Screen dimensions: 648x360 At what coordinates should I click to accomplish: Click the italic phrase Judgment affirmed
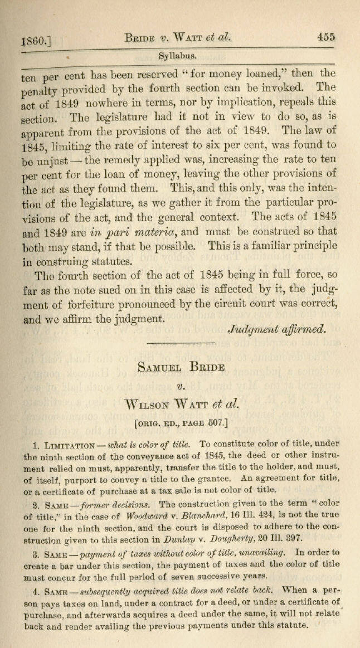[277, 329]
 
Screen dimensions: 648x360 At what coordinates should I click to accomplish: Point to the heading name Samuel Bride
[181, 368]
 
